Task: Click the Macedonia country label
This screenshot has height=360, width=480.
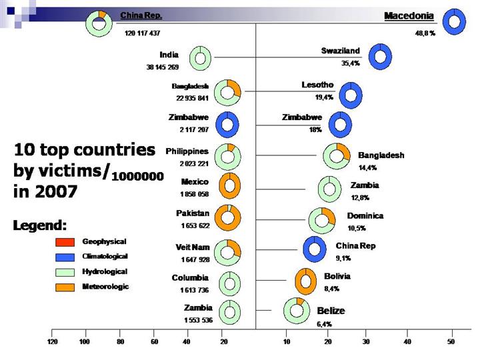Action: click(x=409, y=15)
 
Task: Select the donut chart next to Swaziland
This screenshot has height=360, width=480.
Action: click(x=380, y=56)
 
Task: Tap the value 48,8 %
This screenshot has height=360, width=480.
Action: click(x=424, y=32)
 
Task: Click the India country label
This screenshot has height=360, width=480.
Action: click(x=169, y=55)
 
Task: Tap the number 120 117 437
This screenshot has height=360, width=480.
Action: click(x=142, y=32)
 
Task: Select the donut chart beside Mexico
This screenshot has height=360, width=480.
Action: click(x=229, y=186)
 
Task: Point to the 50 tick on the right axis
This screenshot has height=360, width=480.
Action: click(x=451, y=341)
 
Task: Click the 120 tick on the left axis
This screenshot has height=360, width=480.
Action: click(x=53, y=341)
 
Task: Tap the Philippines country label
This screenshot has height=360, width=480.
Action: click(x=187, y=151)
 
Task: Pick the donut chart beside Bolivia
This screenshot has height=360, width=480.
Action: click(x=305, y=281)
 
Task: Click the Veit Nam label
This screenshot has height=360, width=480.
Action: click(x=193, y=247)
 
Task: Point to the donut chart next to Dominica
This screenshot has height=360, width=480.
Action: click(x=322, y=220)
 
